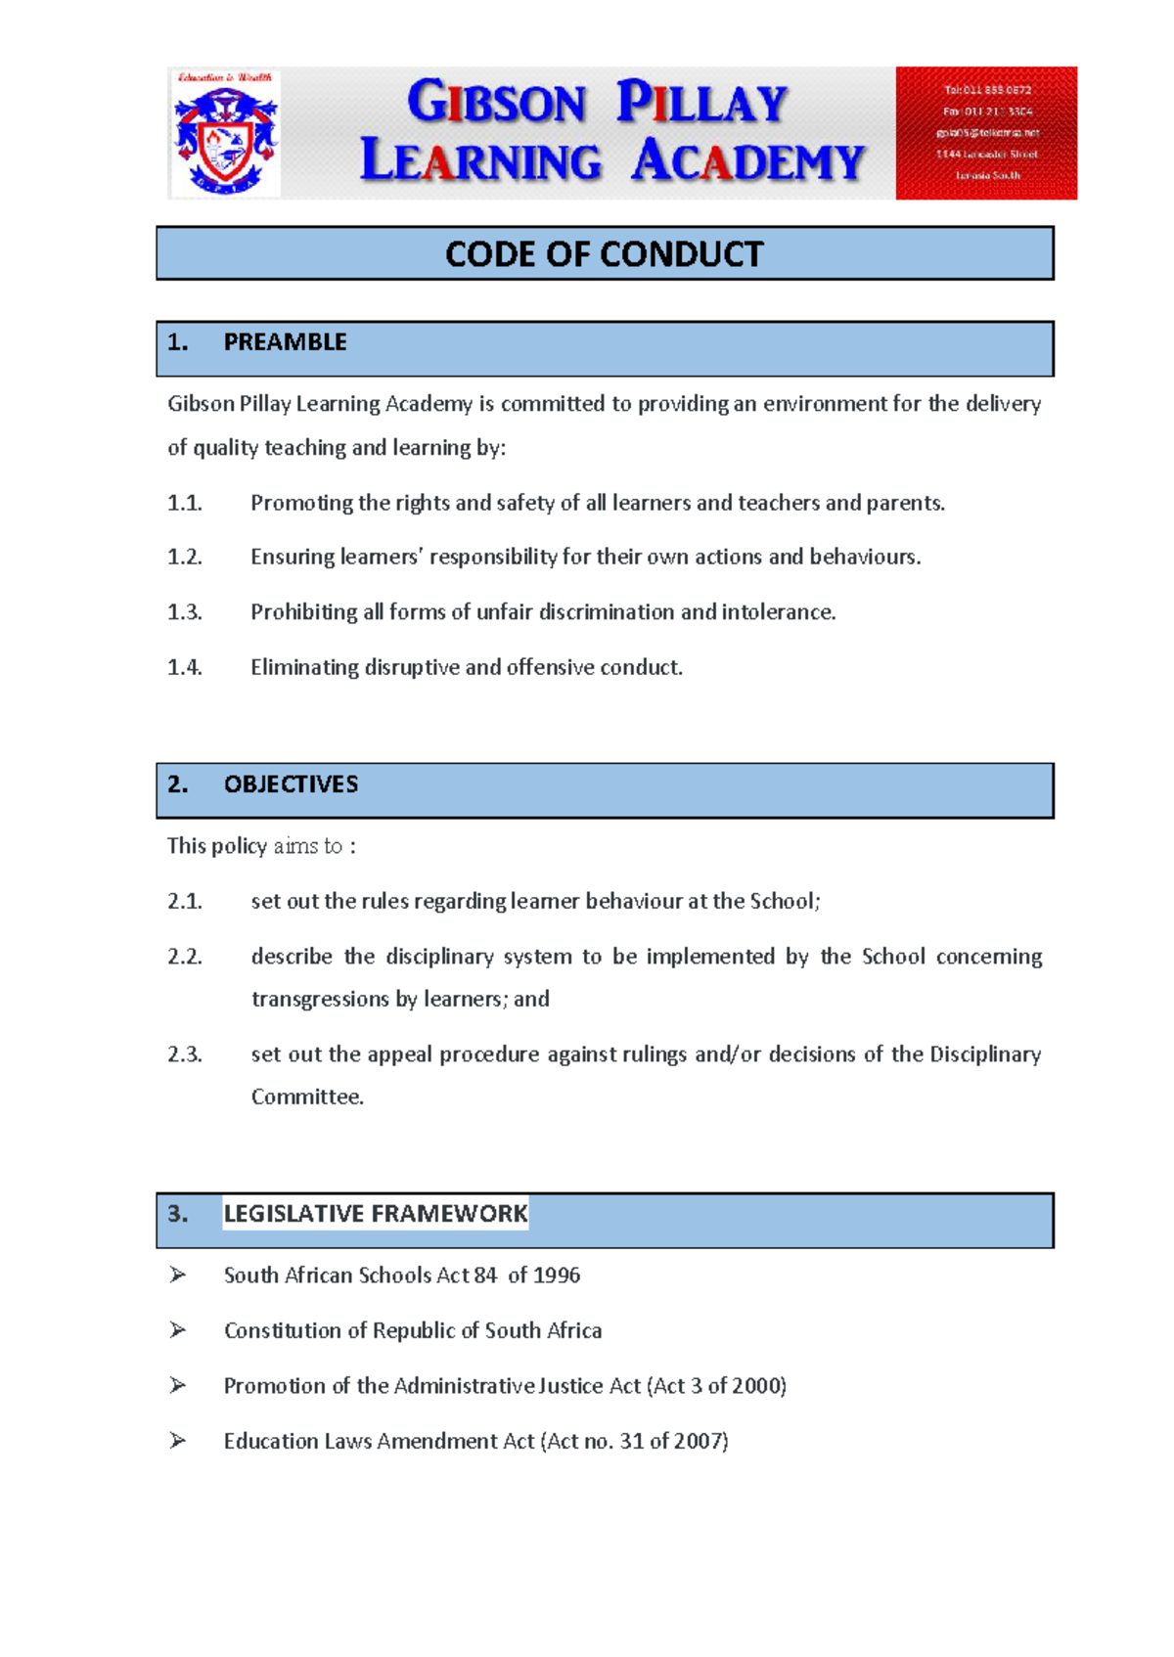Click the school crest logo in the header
(226, 134)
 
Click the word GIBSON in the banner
(496, 103)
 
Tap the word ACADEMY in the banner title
(747, 161)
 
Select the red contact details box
(985, 133)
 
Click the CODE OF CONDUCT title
(604, 254)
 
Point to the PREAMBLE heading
(285, 342)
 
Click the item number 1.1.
(184, 504)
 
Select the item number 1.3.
(184, 613)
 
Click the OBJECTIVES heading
(291, 784)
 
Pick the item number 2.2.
(184, 957)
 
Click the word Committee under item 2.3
(306, 1097)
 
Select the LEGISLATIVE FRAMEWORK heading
(375, 1214)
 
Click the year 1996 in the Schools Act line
(557, 1276)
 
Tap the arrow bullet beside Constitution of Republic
(177, 1330)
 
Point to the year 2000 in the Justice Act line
(758, 1386)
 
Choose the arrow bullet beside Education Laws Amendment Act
(177, 1441)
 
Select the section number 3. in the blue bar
(177, 1214)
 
